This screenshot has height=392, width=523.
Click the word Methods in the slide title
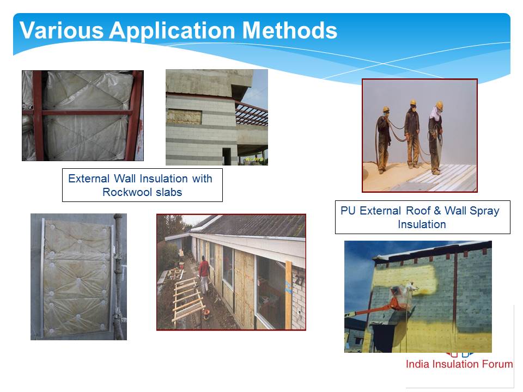[289, 30]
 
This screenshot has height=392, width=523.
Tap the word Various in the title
[62, 30]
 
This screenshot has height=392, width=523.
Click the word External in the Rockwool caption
[89, 179]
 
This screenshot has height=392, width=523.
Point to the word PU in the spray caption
[348, 211]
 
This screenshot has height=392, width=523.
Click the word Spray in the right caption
[484, 211]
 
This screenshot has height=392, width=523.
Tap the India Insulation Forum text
[459, 364]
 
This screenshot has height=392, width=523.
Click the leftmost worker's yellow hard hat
[386, 109]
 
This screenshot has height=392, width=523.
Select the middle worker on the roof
[412, 134]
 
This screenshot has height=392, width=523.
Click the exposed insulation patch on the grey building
[184, 117]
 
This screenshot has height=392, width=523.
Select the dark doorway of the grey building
[227, 156]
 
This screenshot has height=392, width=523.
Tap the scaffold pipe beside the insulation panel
[118, 277]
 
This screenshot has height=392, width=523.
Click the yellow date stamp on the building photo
[255, 160]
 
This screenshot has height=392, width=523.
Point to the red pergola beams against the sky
[251, 113]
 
